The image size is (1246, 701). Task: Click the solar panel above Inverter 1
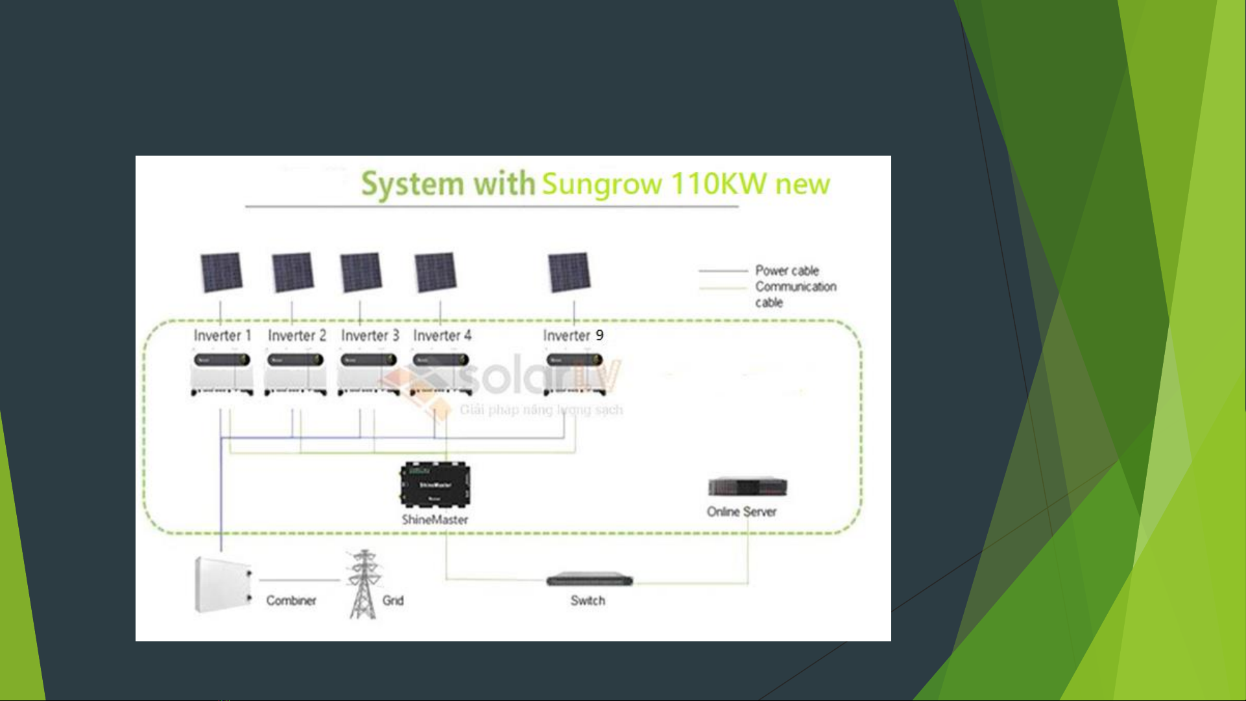(x=221, y=272)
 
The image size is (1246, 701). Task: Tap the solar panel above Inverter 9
(x=569, y=272)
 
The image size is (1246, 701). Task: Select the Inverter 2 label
(x=296, y=335)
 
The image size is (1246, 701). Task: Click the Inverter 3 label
(x=370, y=335)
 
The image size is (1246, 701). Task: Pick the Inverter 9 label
(x=573, y=335)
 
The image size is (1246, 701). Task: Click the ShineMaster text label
(x=435, y=519)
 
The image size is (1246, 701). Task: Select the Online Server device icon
(x=747, y=486)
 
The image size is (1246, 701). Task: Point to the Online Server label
(x=741, y=512)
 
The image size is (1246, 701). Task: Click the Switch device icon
(x=589, y=579)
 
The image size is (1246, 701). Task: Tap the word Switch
(x=588, y=600)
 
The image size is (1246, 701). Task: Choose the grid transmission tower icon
(x=363, y=584)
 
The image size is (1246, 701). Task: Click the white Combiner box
(x=222, y=584)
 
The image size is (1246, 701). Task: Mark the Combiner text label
(x=291, y=600)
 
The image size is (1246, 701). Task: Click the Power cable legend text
(x=787, y=270)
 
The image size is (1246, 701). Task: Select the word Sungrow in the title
(x=601, y=185)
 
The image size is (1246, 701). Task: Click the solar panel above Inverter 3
(x=361, y=272)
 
